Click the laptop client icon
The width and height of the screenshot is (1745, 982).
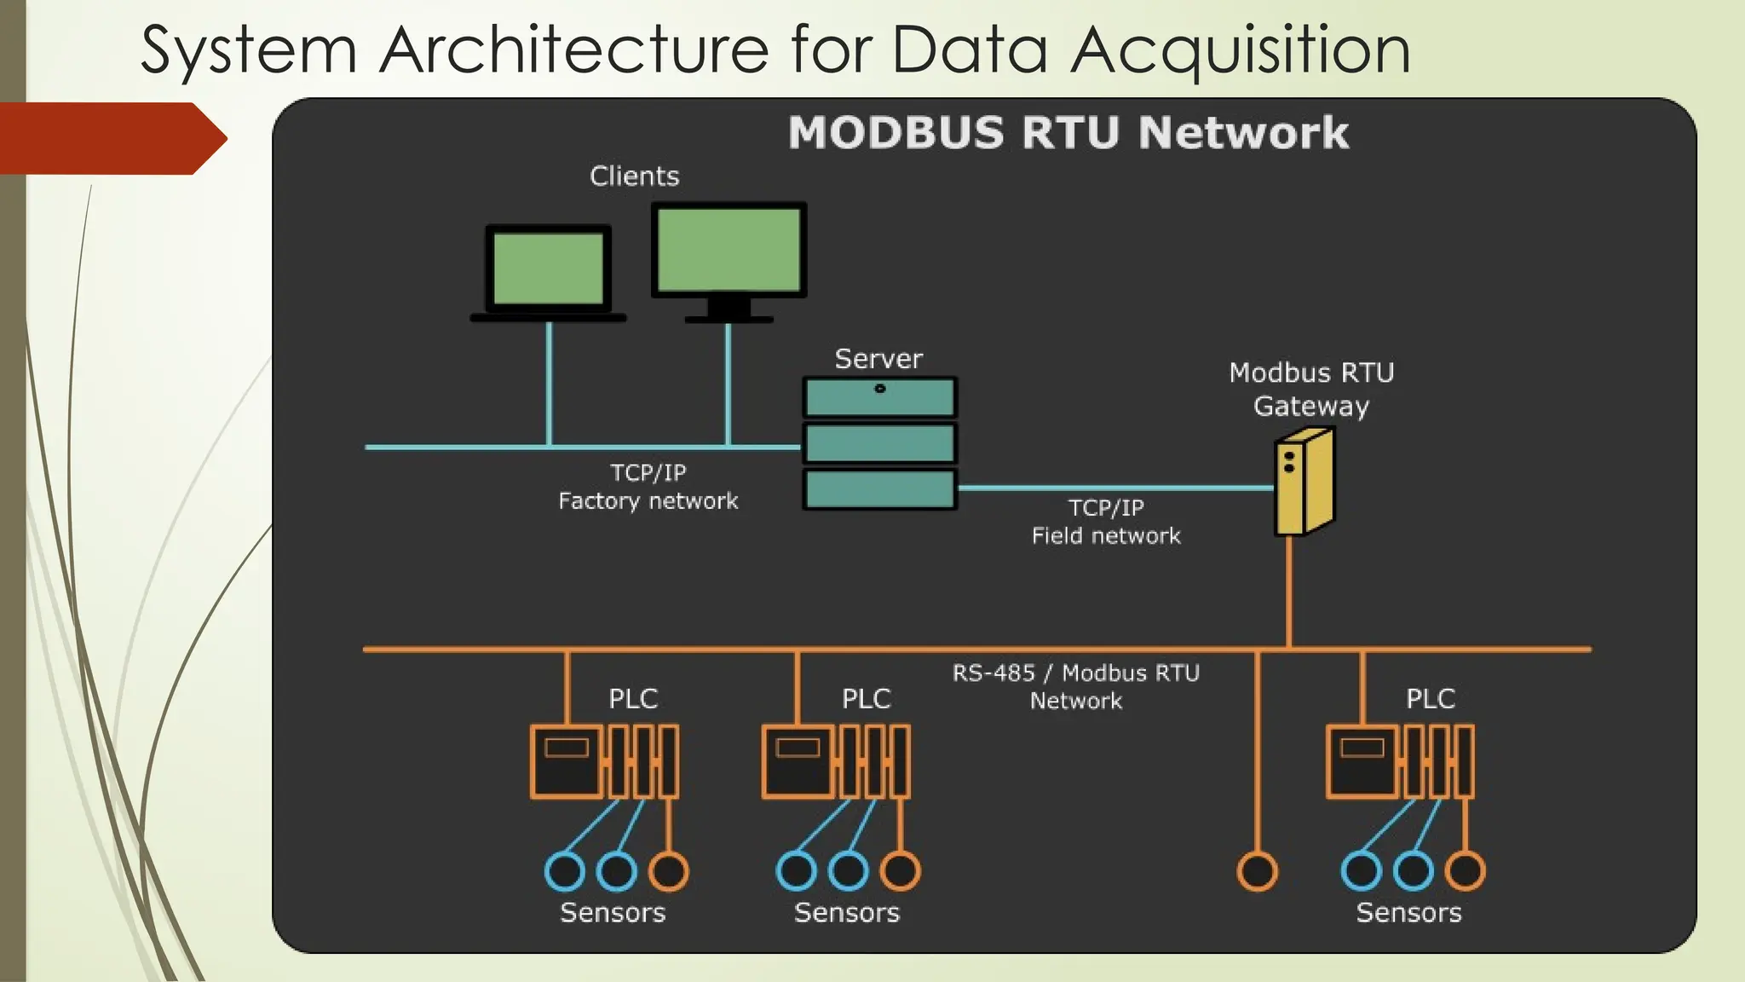pos(549,271)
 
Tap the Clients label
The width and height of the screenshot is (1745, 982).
pos(634,176)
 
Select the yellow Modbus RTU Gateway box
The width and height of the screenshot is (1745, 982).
pos(1304,483)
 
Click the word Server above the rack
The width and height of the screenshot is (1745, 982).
pos(878,359)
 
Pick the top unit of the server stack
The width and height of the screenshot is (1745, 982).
pos(879,398)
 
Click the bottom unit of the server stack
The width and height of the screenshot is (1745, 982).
pos(879,490)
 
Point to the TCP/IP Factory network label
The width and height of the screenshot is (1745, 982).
pos(648,487)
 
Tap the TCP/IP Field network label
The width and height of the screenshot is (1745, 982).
pos(1106,522)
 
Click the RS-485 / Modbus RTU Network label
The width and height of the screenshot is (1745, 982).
pos(1075,686)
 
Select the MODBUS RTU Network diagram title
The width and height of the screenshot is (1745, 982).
pos(1068,133)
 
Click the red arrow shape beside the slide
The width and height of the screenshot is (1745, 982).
pos(111,138)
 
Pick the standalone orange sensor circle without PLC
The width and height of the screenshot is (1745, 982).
pos(1257,871)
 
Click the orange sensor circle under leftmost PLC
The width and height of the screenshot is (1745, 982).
pos(668,871)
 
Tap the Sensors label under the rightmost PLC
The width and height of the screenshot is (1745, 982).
pos(1408,913)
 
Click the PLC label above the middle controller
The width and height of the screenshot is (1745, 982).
pos(866,699)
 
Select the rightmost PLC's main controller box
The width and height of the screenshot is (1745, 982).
pos(1362,762)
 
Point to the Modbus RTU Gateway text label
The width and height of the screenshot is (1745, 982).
pos(1310,390)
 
